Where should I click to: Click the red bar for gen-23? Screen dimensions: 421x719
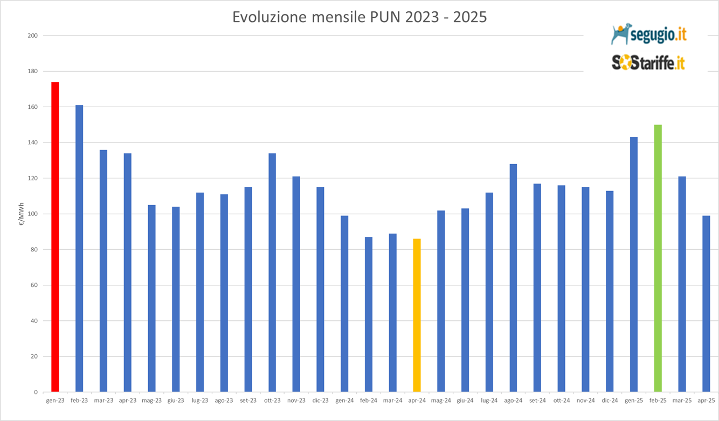[x=55, y=237]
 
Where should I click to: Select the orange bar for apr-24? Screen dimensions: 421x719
[x=417, y=315]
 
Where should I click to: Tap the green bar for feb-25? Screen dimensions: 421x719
[x=658, y=258]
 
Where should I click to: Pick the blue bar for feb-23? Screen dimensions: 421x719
[x=79, y=248]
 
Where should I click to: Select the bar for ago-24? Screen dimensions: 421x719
[x=513, y=278]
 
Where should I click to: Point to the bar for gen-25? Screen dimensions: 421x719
[x=634, y=264]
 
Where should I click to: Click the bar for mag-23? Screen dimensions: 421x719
[x=151, y=298]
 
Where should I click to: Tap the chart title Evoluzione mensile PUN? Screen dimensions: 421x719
[x=359, y=17]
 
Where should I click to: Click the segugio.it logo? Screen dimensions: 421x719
[x=648, y=34]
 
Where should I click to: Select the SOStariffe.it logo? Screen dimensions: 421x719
[x=648, y=62]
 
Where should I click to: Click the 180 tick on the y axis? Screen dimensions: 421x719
[x=33, y=71]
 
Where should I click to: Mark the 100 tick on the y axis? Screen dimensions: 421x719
[x=33, y=214]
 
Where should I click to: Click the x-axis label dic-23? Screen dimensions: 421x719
[x=320, y=401]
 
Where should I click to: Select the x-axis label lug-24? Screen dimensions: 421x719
[x=489, y=401]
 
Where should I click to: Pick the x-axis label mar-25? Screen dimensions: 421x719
[x=682, y=401]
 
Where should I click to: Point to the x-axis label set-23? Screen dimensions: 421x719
[x=248, y=401]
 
